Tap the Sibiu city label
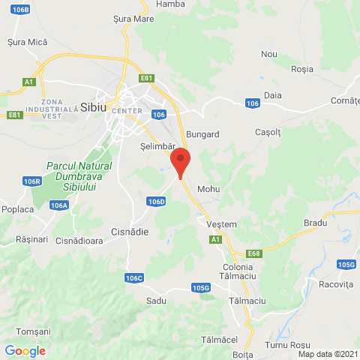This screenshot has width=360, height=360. (94, 106)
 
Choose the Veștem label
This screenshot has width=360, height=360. (222, 223)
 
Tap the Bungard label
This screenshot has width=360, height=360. (202, 135)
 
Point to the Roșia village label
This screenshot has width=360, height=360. (301, 68)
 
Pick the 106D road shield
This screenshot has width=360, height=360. (156, 202)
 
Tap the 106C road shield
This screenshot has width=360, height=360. (134, 278)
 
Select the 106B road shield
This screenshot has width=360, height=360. (21, 10)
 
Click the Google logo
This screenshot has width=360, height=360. (25, 350)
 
